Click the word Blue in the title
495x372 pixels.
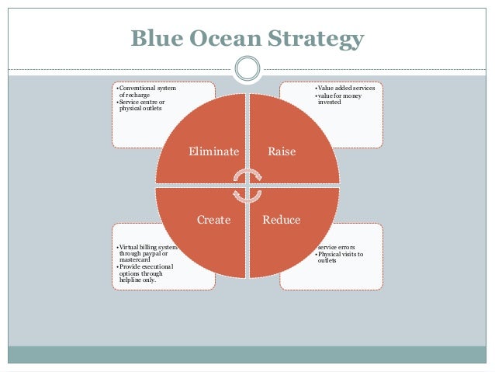pos(158,39)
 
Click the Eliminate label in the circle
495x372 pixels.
pos(213,151)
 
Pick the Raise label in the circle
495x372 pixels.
pos(281,151)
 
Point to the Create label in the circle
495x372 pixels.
pos(213,220)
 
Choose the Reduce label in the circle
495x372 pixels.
pos(281,220)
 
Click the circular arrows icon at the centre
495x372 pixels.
pos(247,186)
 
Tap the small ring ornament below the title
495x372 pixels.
pos(247,69)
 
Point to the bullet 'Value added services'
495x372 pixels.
pos(347,89)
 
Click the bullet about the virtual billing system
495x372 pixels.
pos(147,253)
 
